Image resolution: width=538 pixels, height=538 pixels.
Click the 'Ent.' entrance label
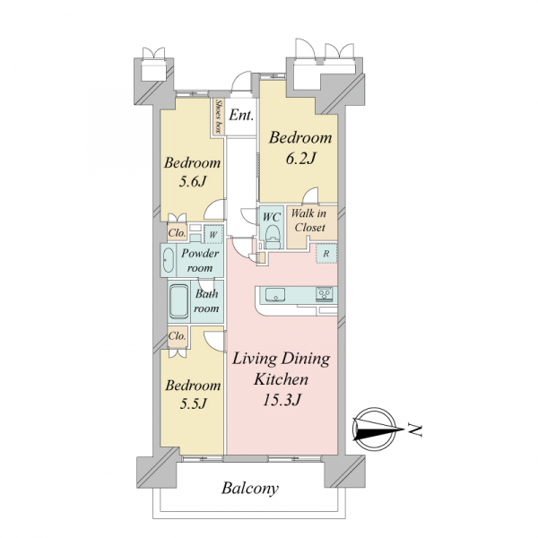[x=241, y=115]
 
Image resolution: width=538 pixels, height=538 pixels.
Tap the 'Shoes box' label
[x=218, y=117]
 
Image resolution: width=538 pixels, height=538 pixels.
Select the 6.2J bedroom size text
[x=300, y=159]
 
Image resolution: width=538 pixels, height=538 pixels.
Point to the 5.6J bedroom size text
[x=192, y=182]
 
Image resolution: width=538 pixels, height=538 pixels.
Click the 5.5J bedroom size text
[x=193, y=403]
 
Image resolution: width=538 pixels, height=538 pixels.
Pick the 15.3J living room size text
[x=282, y=400]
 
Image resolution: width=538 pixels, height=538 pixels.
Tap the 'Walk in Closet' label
[x=309, y=221]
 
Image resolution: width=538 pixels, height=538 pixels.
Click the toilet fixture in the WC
[x=273, y=236]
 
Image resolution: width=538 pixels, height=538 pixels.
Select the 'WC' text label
[x=272, y=217]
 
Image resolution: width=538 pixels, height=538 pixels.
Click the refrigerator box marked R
[x=326, y=254]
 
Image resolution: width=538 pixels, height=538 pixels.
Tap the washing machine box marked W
[x=213, y=235]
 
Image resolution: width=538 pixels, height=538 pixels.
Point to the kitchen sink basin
[x=275, y=295]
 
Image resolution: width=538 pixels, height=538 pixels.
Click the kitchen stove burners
[x=325, y=294]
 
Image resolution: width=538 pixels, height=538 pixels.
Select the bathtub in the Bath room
[x=178, y=302]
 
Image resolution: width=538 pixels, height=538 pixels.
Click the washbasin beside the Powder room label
[x=169, y=260]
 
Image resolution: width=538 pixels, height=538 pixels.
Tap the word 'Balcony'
[x=250, y=489]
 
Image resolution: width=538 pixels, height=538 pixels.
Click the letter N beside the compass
[x=415, y=430]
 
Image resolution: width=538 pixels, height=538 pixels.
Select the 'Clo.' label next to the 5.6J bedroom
[x=177, y=233]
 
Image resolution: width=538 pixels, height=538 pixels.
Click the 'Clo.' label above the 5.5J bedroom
[x=177, y=335]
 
